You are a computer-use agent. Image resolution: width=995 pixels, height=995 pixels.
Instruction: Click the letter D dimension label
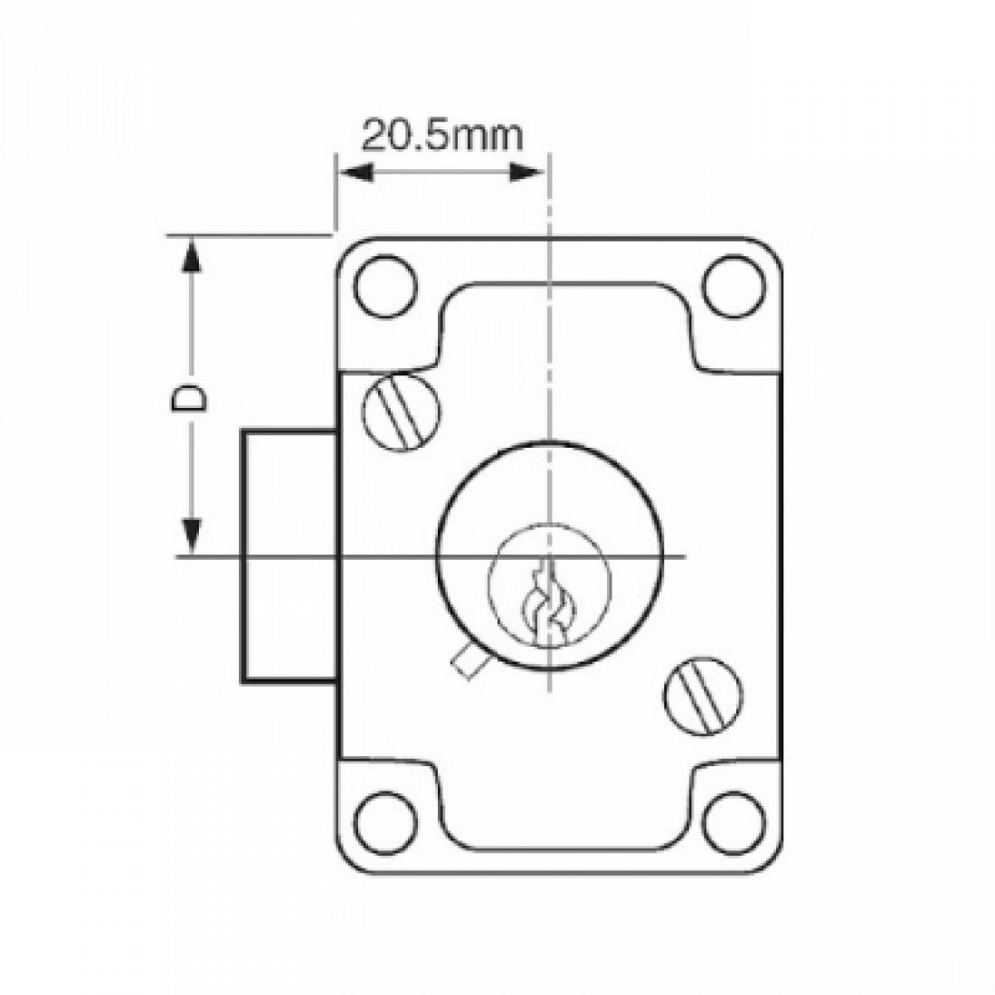click(189, 398)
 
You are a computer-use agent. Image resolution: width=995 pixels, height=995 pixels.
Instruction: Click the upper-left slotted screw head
click(403, 410)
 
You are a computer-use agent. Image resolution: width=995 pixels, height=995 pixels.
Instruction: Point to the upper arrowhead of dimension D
click(190, 253)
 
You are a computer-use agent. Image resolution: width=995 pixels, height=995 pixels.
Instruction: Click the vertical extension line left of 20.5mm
click(336, 194)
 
